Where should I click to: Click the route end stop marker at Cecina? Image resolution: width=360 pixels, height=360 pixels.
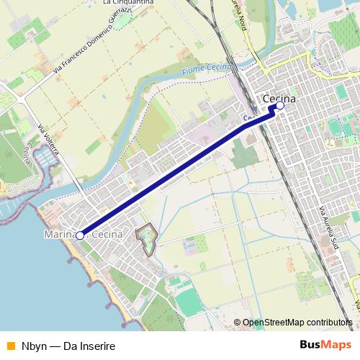pyautogui.click(x=280, y=106)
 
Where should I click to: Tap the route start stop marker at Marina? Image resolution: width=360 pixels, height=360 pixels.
pyautogui.click(x=80, y=235)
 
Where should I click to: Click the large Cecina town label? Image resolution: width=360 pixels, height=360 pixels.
pyautogui.click(x=280, y=98)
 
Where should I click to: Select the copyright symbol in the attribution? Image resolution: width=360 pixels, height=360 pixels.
pyautogui.click(x=237, y=323)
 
